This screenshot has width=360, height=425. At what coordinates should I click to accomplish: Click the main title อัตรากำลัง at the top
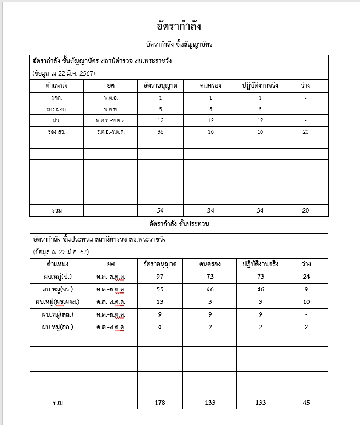pos(180,26)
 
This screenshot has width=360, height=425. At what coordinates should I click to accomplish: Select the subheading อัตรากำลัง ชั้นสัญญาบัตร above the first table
pos(179,44)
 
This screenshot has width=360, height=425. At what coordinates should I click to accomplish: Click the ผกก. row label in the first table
pos(56,97)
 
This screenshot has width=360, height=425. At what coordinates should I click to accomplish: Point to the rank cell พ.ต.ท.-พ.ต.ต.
pos(110,120)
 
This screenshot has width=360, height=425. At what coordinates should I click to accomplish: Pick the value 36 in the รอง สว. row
pos(160,131)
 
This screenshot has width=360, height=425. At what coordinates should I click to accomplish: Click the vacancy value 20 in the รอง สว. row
pos(306,131)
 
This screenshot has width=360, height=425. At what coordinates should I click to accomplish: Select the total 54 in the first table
pos(160,211)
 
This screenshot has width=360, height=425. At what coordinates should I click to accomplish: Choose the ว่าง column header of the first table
pos(306,86)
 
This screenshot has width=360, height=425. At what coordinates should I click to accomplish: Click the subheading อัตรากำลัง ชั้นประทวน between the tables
pos(179,224)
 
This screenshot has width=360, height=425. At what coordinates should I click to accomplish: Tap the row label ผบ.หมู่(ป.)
pos(57,277)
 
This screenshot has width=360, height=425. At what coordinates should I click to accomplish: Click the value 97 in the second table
pos(160,277)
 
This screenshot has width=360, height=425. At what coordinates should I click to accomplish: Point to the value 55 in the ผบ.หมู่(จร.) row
pos(160,289)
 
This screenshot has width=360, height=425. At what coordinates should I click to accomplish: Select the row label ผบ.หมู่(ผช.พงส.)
pos(57,302)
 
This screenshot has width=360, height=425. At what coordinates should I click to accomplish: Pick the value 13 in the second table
pos(160,302)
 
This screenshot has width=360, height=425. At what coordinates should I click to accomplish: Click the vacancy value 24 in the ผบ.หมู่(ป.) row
pos(306,277)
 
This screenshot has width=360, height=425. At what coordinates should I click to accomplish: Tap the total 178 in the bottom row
pos(160,403)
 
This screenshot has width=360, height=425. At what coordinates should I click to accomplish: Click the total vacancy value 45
pos(306,403)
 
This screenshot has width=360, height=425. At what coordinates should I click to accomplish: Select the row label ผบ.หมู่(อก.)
pos(57,327)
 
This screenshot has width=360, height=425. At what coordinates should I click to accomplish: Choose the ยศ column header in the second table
pos(110,264)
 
